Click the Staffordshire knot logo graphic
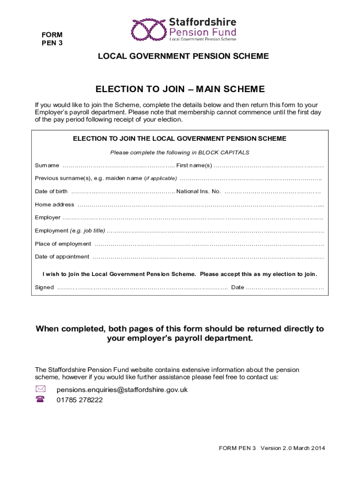pos(149,29)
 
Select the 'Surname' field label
pos(47,166)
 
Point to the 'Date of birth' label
pos(51,191)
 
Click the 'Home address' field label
pos(54,204)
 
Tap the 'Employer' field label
pos(48,218)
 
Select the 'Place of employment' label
pos(63,244)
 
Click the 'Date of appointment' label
pos(62,257)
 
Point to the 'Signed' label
pos(44,287)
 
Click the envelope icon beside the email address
pos(40,389)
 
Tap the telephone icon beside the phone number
pos(40,399)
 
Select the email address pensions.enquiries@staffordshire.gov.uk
pos(122,390)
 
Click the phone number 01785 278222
pos(79,400)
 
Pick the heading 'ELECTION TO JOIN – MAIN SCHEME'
pos(180,89)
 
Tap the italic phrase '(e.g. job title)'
pos(87,231)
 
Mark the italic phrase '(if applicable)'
pos(160,178)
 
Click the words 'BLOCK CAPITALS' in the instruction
pos(224,152)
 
